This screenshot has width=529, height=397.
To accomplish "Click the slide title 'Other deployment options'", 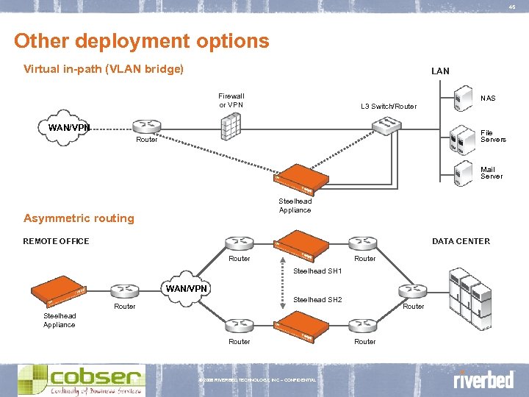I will tap(141, 40).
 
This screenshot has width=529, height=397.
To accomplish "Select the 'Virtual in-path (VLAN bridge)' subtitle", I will tap(104, 70).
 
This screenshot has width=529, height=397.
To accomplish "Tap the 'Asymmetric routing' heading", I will tap(79, 218).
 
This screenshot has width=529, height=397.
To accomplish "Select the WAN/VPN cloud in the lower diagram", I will tap(186, 289).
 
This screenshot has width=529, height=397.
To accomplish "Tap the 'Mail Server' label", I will tap(492, 173).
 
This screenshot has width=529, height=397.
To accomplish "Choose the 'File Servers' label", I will tap(492, 136).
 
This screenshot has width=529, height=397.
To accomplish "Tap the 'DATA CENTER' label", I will tap(461, 241).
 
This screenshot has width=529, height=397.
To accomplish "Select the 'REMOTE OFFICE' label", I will tap(56, 241).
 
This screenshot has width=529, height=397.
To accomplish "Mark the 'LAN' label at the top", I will tap(440, 71).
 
